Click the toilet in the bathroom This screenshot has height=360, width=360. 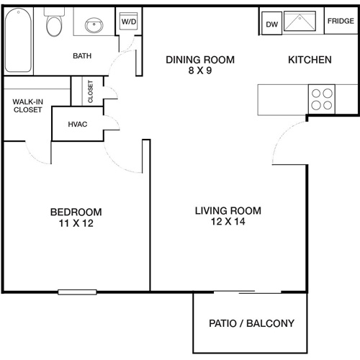pos(53,25)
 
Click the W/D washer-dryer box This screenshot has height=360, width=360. pos(128,22)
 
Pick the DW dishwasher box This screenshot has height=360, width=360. pos(271,24)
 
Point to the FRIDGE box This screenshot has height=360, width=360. pos(340,22)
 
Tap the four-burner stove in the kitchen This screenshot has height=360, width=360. pos(322,99)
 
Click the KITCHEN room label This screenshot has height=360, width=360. pos(310,60)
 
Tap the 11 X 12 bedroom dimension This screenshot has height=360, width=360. pos(76,224)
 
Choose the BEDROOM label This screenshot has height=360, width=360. pos(76,212)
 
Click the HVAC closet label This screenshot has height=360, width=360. pos(77,125)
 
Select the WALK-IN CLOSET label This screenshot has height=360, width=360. pos(27,105)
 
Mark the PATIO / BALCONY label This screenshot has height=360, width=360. pos(251,323)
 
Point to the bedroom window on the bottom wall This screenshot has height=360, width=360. pos(77,292)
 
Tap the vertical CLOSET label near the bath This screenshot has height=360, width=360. pos(91,90)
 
